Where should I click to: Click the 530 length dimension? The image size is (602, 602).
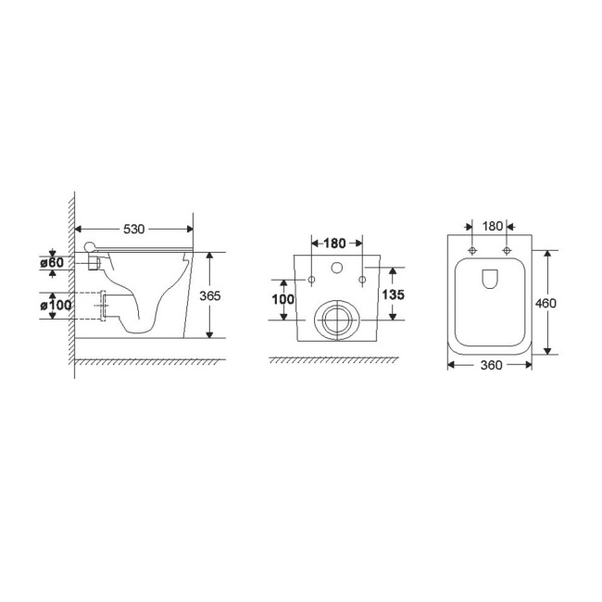pyautogui.click(x=133, y=229)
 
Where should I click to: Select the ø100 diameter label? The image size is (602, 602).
pyautogui.click(x=53, y=304)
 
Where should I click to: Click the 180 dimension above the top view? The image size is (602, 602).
pyautogui.click(x=493, y=226)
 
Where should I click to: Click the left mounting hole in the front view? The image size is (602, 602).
pyautogui.click(x=312, y=279)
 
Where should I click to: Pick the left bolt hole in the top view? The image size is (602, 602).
pyautogui.click(x=473, y=251)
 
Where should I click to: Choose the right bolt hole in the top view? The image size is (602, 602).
pyautogui.click(x=507, y=251)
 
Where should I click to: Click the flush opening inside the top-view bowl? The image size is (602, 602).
pyautogui.click(x=490, y=278)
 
